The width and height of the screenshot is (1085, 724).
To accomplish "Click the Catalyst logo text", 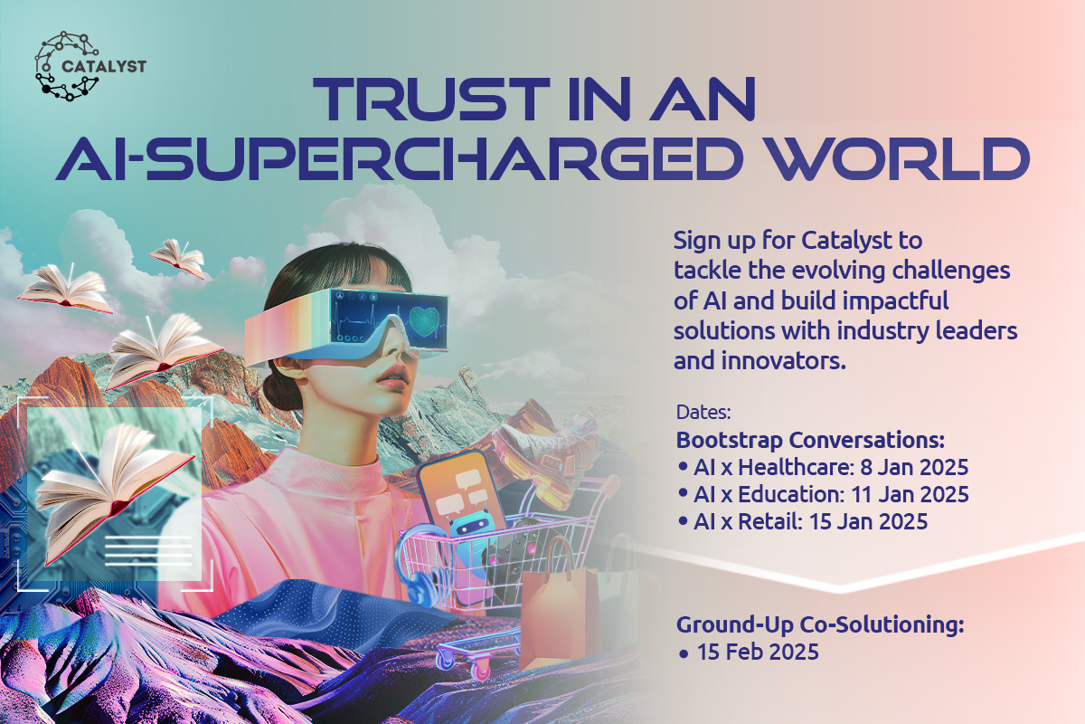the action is (104, 66).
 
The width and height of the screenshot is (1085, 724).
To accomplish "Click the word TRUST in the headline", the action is (430, 99).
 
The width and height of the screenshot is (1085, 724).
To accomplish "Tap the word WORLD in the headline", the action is (899, 158).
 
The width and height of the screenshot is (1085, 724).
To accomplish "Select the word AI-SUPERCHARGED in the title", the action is (399, 158).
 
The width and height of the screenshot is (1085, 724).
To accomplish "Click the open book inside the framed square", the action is (114, 490).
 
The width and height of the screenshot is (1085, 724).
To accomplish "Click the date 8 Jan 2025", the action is (914, 467).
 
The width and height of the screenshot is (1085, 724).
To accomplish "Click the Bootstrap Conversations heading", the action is (810, 440).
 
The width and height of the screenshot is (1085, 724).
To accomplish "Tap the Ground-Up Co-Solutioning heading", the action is (820, 624).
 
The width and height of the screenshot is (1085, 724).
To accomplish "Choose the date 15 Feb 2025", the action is (758, 652).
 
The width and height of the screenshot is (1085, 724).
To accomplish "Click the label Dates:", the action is (703, 412).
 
